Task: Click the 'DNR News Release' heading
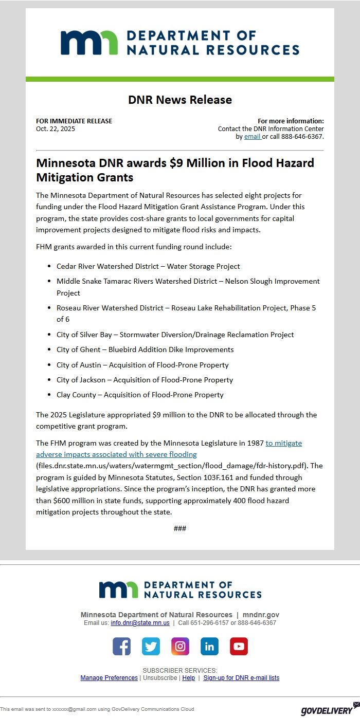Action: [x=180, y=100]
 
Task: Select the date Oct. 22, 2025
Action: [x=56, y=129]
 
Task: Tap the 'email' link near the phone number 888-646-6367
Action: [x=252, y=137]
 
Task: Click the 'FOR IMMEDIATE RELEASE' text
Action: [x=74, y=121]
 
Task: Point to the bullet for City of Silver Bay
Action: [x=49, y=335]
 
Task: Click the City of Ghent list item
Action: [x=145, y=349]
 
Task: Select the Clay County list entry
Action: [x=140, y=395]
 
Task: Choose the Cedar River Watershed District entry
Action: [x=148, y=266]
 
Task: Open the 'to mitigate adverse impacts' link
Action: [x=283, y=443]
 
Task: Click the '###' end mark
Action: [x=180, y=528]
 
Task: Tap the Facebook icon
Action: [x=122, y=646]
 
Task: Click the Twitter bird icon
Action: [x=151, y=646]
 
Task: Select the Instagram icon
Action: [x=180, y=646]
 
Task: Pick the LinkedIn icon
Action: [x=209, y=646]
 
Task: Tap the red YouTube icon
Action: [x=239, y=646]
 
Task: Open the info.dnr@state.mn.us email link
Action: [x=140, y=623]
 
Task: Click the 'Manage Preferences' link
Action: [x=109, y=678]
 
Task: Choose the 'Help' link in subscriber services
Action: [x=188, y=678]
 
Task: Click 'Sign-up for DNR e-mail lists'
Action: [x=241, y=678]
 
